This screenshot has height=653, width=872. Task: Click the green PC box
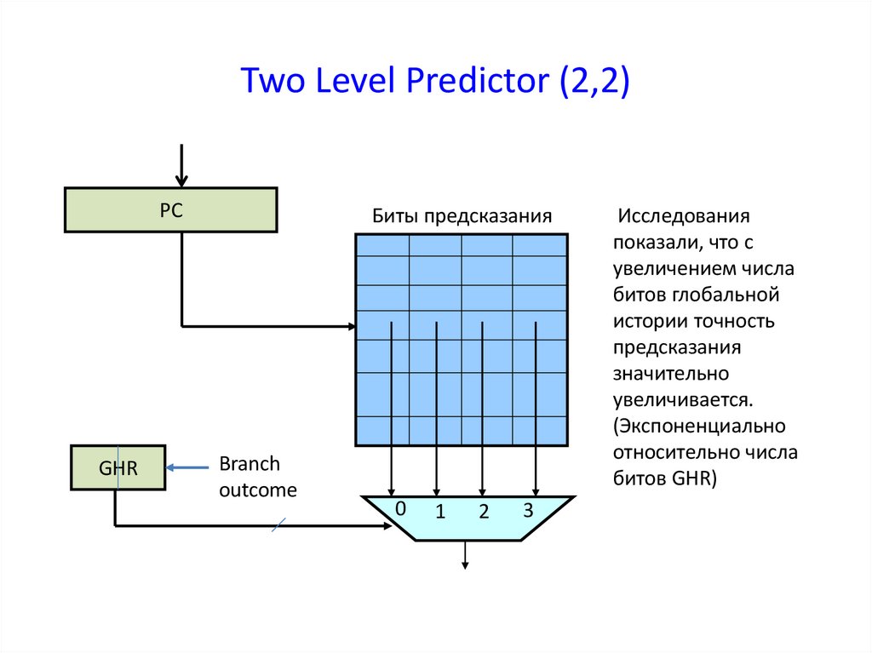(x=170, y=209)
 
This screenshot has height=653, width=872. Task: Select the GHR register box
(x=118, y=467)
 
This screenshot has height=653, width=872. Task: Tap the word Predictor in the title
(x=478, y=82)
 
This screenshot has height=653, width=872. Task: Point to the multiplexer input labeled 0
(x=399, y=508)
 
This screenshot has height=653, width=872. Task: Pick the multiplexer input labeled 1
(x=440, y=513)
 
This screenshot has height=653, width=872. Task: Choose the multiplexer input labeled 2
(x=483, y=513)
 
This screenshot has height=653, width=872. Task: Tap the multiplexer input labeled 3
(x=528, y=510)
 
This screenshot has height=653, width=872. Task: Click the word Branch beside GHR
(x=250, y=464)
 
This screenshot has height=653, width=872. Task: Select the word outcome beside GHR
(x=258, y=490)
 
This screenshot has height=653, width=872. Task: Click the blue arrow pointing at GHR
(x=188, y=467)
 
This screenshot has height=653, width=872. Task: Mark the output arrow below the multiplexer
(x=465, y=554)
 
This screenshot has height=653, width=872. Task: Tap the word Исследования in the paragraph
(x=683, y=215)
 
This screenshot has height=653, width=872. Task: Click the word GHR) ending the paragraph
(x=697, y=478)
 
